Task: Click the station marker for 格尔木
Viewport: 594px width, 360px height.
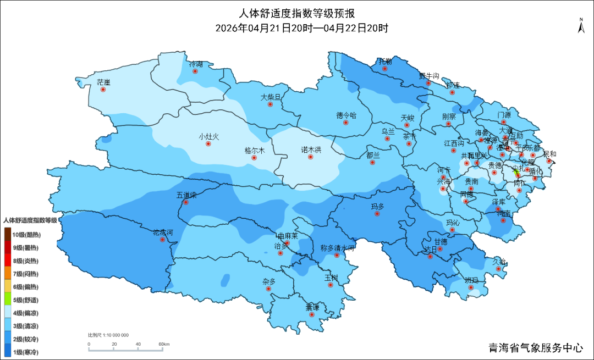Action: pos(254,158)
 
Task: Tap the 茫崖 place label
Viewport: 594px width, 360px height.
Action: pos(103,82)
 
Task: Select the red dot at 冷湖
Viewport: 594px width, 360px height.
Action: pos(195,71)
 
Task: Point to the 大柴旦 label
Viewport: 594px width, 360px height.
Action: pos(271,97)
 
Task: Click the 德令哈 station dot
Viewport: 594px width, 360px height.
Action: pos(346,123)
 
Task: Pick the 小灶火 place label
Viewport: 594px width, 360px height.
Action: pos(209,136)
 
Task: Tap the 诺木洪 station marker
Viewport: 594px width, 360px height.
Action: pos(311,157)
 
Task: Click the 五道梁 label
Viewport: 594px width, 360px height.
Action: pos(186,195)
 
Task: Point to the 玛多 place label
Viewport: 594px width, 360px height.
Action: pos(377,206)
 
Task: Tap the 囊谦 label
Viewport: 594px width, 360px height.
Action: pos(312,307)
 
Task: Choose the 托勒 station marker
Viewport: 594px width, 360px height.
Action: pos(385,69)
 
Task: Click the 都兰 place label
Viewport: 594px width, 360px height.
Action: pos(373,155)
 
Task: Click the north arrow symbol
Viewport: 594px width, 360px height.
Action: pos(580,25)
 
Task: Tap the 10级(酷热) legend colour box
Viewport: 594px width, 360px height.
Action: pos(8,234)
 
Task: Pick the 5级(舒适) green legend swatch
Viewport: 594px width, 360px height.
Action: pos(8,300)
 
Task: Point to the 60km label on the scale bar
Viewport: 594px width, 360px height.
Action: pos(164,345)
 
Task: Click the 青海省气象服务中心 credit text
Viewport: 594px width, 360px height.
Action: pos(536,348)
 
